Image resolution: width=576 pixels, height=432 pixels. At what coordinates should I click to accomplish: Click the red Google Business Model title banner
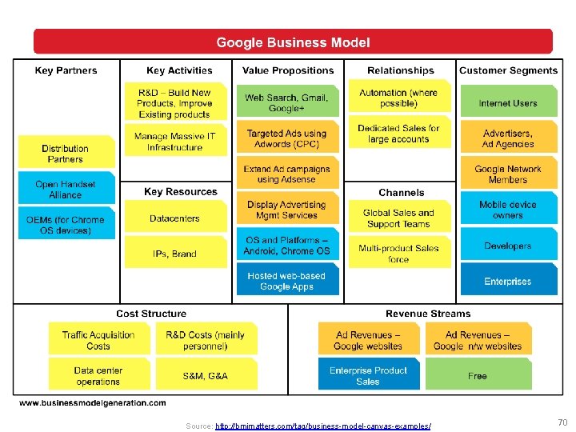point(293,42)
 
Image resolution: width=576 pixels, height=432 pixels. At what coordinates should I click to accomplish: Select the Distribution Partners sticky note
point(65,153)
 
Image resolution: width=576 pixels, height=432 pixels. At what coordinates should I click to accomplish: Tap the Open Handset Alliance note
point(65,189)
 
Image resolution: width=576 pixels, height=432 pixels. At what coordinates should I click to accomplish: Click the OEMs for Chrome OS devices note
point(65,225)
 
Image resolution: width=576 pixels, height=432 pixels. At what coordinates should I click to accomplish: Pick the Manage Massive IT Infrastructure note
point(175,142)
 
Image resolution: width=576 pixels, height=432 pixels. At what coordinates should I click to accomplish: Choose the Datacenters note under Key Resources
point(175,218)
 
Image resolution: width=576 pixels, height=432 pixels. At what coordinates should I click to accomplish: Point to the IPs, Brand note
point(175,254)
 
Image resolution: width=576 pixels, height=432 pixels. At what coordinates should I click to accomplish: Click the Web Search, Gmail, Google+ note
point(286,102)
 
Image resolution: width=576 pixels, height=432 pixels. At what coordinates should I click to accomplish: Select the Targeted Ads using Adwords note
point(286,138)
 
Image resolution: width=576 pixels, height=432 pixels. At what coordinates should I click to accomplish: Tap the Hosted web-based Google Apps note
point(286,281)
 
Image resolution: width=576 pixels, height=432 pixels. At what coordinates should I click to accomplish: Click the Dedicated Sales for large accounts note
point(398,134)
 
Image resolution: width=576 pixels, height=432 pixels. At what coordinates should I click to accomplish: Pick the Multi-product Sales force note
point(398,254)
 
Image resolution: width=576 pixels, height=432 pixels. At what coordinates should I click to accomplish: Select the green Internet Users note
point(508,103)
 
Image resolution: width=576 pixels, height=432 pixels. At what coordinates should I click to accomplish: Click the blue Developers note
point(508,246)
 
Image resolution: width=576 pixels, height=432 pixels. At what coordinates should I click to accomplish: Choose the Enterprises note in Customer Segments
point(508,281)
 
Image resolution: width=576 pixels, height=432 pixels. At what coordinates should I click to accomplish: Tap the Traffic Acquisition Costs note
point(98,340)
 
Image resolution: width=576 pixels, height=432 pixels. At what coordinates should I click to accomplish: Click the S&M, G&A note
point(206,375)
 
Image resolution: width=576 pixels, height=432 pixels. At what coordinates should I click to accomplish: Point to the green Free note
point(478,375)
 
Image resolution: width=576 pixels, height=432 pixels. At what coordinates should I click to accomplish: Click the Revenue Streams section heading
point(428,314)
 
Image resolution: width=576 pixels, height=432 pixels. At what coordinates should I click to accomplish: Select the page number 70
point(562,421)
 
